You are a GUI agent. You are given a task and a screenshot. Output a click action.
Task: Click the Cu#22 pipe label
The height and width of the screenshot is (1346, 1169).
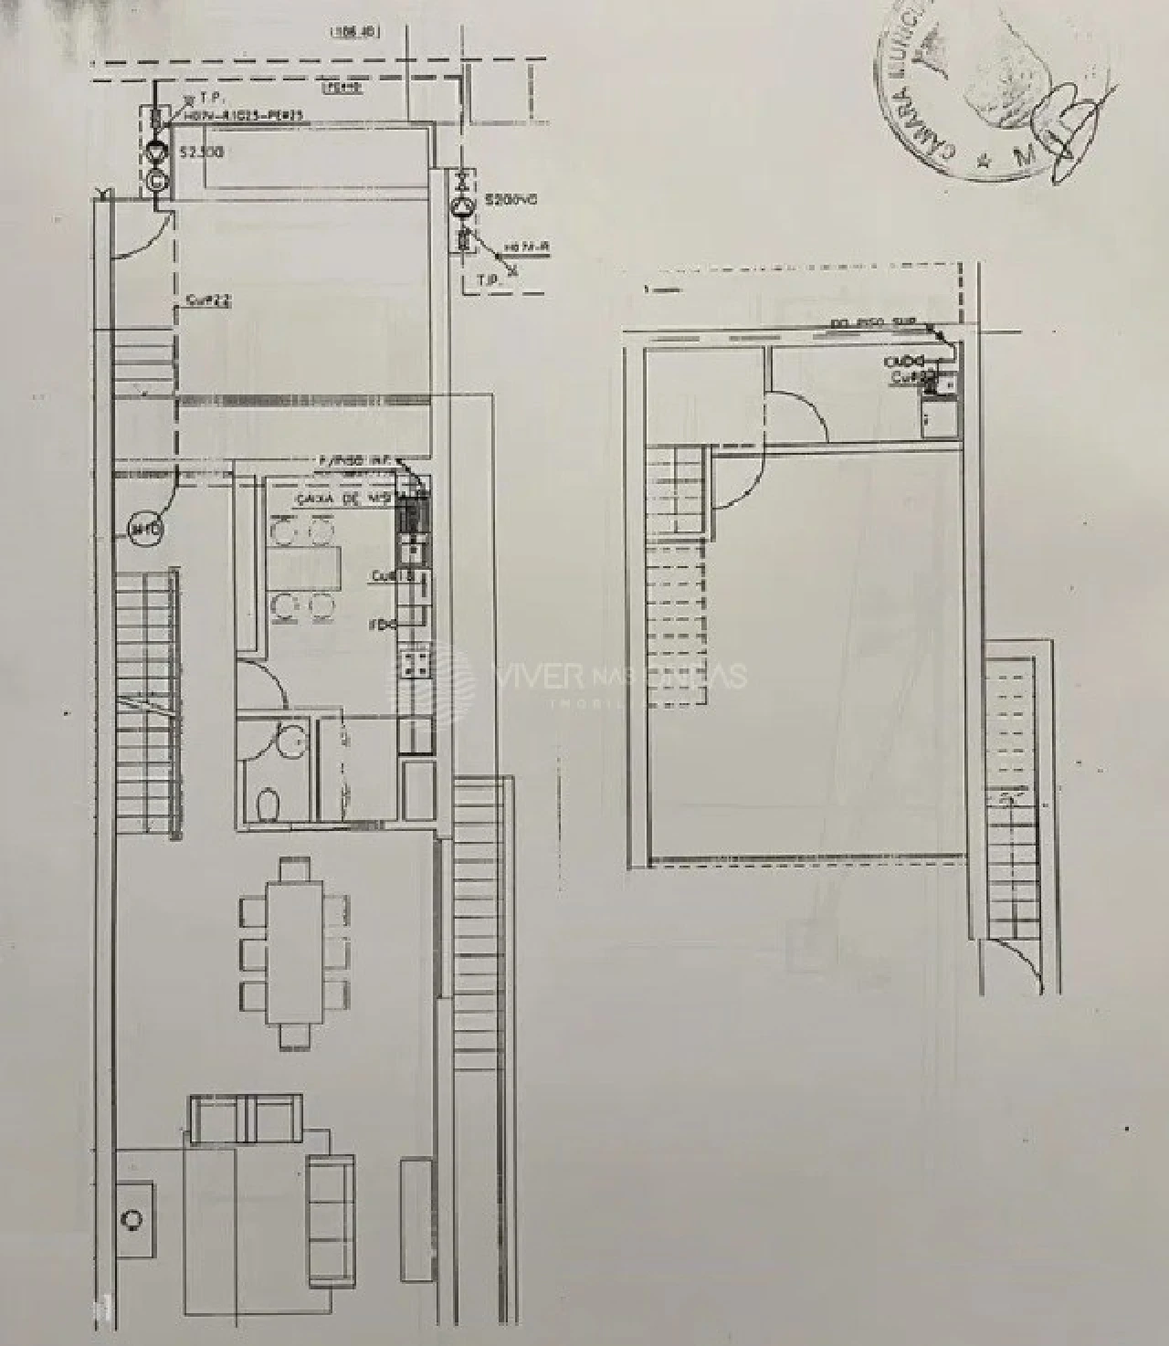pyautogui.click(x=207, y=299)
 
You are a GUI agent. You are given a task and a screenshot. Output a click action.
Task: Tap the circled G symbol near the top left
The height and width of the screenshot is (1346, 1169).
pyautogui.click(x=158, y=180)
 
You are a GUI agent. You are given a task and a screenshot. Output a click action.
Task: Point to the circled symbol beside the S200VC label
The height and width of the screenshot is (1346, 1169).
pyautogui.click(x=463, y=207)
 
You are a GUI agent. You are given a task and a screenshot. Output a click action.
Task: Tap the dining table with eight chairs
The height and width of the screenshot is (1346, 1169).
pyautogui.click(x=294, y=952)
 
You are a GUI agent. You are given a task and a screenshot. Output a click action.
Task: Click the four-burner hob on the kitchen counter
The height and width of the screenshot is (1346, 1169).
pyautogui.click(x=416, y=661)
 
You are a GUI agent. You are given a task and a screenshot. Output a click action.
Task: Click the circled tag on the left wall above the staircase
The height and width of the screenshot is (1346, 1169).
pyautogui.click(x=144, y=529)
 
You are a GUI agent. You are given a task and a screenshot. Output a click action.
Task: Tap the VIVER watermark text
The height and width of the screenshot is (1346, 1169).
pyautogui.click(x=539, y=676)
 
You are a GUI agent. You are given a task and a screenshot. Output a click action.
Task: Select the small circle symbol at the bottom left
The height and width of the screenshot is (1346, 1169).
pyautogui.click(x=134, y=1219)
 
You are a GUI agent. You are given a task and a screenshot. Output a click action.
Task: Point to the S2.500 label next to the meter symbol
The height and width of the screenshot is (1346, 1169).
pyautogui.click(x=201, y=153)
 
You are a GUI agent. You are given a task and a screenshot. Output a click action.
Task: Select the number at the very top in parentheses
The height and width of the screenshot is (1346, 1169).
pyautogui.click(x=354, y=32)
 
